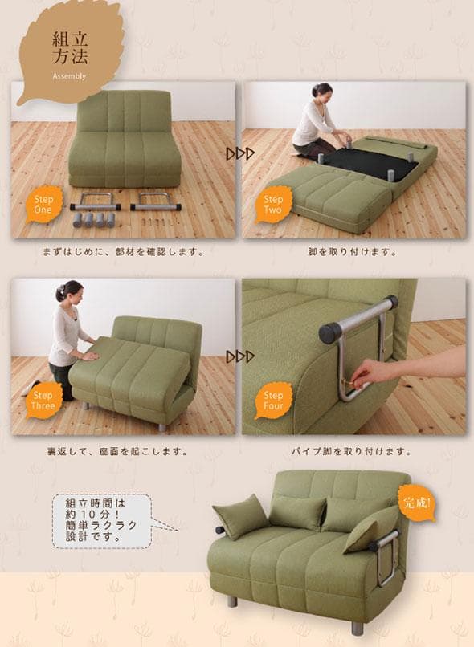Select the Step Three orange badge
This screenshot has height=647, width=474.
point(43,401)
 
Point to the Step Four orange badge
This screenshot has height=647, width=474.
point(273,401)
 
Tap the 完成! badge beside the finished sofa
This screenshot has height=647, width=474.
point(416,505)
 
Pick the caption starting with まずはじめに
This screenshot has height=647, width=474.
point(122,252)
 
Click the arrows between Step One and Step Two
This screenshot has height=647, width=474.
point(239,152)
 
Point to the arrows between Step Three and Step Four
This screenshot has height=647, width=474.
point(239,356)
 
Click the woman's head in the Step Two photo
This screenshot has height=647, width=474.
point(322,91)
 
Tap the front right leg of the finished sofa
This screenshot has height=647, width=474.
point(357,624)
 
